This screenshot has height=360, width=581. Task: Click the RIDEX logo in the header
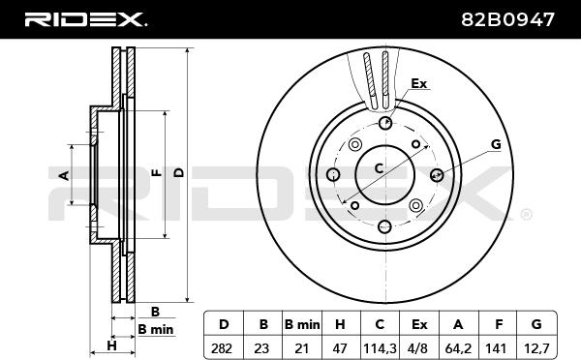85,19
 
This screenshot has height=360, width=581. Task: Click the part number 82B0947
507,19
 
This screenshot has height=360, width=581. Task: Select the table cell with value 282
224,348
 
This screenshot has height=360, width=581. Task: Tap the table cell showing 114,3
380,348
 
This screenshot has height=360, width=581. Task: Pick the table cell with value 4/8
419,348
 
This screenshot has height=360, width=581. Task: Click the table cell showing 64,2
458,348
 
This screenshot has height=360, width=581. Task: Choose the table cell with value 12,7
536,348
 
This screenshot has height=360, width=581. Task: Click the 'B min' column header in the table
302,324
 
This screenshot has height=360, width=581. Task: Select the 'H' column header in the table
341,324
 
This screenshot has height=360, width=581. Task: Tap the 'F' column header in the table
498,324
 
